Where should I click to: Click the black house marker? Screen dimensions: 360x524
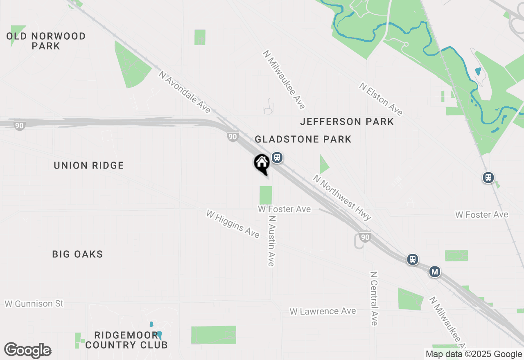[x=262, y=164]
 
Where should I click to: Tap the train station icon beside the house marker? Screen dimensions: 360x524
[x=277, y=157]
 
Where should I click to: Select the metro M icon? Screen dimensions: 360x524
[x=435, y=272]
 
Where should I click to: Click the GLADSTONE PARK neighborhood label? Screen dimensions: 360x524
[x=303, y=139]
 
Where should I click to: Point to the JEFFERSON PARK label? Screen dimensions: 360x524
[x=347, y=122]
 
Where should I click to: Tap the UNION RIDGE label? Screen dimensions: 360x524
[x=89, y=166]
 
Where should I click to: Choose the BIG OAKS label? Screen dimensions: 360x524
[x=77, y=254]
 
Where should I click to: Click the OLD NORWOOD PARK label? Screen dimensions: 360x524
[x=46, y=41]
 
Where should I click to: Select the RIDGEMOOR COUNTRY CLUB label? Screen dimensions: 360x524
[x=126, y=340]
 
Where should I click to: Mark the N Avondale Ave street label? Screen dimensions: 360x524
[x=185, y=92]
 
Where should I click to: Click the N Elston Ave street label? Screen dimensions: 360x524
[x=381, y=99]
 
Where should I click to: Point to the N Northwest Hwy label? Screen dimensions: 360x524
[x=342, y=198]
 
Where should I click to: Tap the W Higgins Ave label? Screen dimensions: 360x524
[x=233, y=224]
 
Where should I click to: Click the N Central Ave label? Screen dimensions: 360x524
[x=373, y=299]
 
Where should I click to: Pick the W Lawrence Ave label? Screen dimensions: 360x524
[x=323, y=311]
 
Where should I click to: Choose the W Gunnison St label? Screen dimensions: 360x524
[x=34, y=304]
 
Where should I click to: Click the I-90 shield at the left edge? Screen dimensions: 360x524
[x=19, y=126]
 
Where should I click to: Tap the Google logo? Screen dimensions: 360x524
[x=28, y=351]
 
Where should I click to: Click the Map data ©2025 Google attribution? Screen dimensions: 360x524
[x=474, y=354]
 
